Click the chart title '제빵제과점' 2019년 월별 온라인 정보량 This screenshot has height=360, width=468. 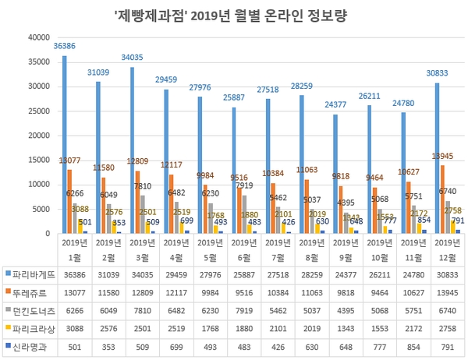(233, 14)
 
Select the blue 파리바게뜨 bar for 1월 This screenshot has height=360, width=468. (65, 144)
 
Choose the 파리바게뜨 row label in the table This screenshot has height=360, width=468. (35, 274)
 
